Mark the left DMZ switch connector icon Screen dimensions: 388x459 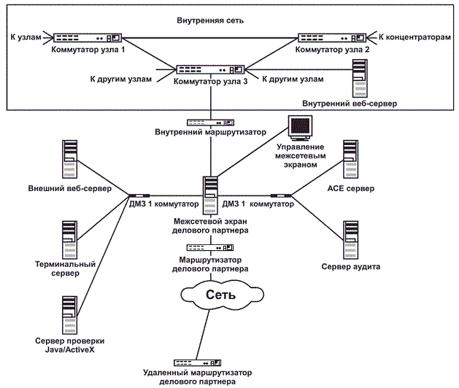tap(139, 195)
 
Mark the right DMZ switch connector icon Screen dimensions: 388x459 tap(281, 195)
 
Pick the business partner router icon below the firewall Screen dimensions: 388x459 tap(210, 247)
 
